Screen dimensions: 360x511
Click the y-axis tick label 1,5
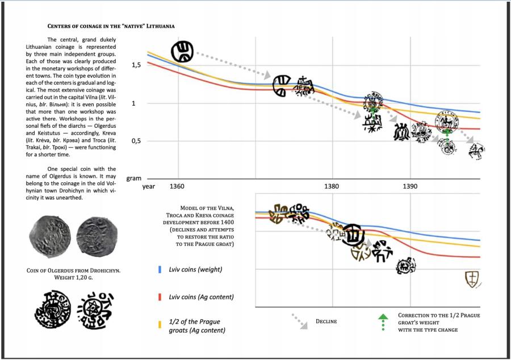[136, 65]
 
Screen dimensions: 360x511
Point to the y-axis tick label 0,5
[136, 141]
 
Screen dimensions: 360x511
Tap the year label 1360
[177, 186]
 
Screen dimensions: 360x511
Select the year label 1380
[332, 186]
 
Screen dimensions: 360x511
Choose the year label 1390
[409, 186]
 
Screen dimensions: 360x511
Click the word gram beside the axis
[133, 178]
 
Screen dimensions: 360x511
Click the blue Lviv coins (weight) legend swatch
[160, 269]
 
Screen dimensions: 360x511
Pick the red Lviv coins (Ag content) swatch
[160, 297]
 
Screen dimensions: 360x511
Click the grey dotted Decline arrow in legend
[299, 321]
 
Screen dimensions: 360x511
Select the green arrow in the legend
[383, 321]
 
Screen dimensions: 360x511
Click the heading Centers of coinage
[110, 26]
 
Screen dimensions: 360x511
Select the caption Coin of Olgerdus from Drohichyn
[73, 270]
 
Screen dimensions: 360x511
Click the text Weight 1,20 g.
[73, 278]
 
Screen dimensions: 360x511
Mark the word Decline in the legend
[326, 321]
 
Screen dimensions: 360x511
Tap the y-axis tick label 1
[134, 103]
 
